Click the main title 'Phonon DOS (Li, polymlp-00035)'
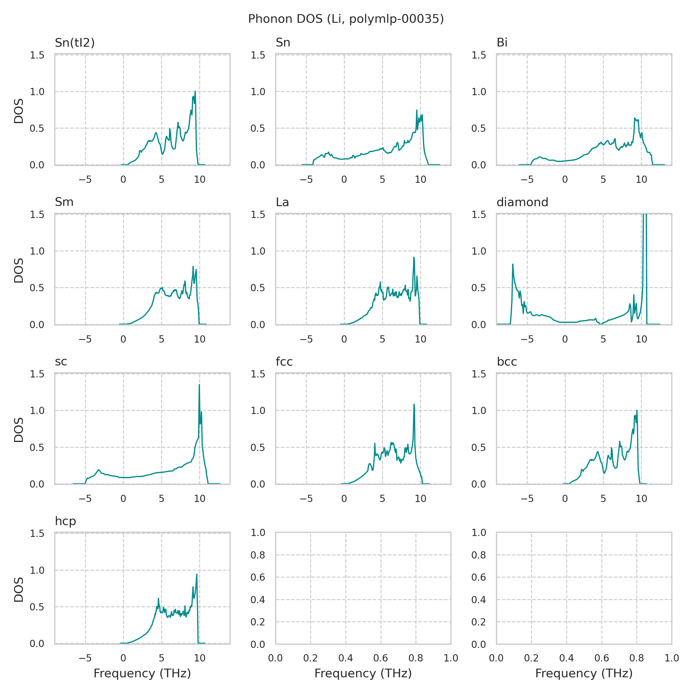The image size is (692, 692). pos(346,19)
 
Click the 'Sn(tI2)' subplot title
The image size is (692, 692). pos(74,43)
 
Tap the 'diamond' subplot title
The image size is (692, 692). pos(522,202)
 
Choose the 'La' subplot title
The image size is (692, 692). pos(282,202)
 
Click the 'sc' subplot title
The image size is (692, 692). pos(61,362)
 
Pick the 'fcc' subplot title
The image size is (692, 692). pos(284,362)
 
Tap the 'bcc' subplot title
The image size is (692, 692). pos(507,362)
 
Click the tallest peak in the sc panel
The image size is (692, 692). pos(199,385)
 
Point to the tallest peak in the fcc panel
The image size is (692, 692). pos(414,404)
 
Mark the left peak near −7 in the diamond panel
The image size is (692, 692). pos(513,265)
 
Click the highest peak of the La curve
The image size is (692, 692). pos(414,257)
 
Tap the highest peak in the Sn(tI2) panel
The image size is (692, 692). pos(195,91)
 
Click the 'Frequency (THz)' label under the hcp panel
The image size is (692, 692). pos(142,673)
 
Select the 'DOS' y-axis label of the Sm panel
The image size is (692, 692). pos(19,270)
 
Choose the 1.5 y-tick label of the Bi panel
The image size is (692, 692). pos(479,55)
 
